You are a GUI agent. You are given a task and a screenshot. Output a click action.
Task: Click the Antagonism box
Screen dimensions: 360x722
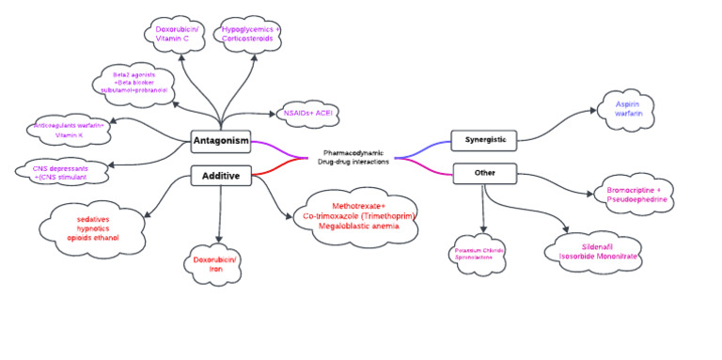(x=220, y=142)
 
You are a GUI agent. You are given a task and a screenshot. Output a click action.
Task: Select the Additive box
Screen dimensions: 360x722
(x=220, y=175)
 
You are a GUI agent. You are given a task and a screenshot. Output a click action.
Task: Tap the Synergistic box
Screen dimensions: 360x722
(x=484, y=141)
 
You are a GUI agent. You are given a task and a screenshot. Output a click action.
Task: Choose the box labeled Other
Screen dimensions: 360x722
(x=484, y=173)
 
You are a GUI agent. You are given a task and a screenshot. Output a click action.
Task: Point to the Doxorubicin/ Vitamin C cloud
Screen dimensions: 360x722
(x=179, y=35)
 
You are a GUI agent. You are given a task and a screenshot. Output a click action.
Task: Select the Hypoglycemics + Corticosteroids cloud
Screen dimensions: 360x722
(x=251, y=35)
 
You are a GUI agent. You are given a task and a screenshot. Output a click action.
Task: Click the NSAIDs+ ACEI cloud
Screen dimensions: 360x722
(x=307, y=113)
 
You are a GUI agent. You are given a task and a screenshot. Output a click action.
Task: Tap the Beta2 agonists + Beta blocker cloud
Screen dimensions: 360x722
(x=139, y=84)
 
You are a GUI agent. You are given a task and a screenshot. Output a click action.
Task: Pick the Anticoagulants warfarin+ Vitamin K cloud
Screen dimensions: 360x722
(x=70, y=131)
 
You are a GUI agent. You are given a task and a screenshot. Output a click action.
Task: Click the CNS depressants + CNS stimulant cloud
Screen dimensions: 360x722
(x=61, y=171)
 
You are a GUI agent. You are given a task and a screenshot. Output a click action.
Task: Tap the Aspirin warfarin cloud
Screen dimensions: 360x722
(x=629, y=108)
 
